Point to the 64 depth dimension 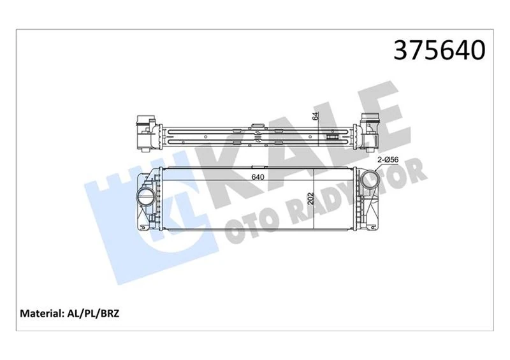click(315, 117)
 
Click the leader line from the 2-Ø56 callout click(380, 168)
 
